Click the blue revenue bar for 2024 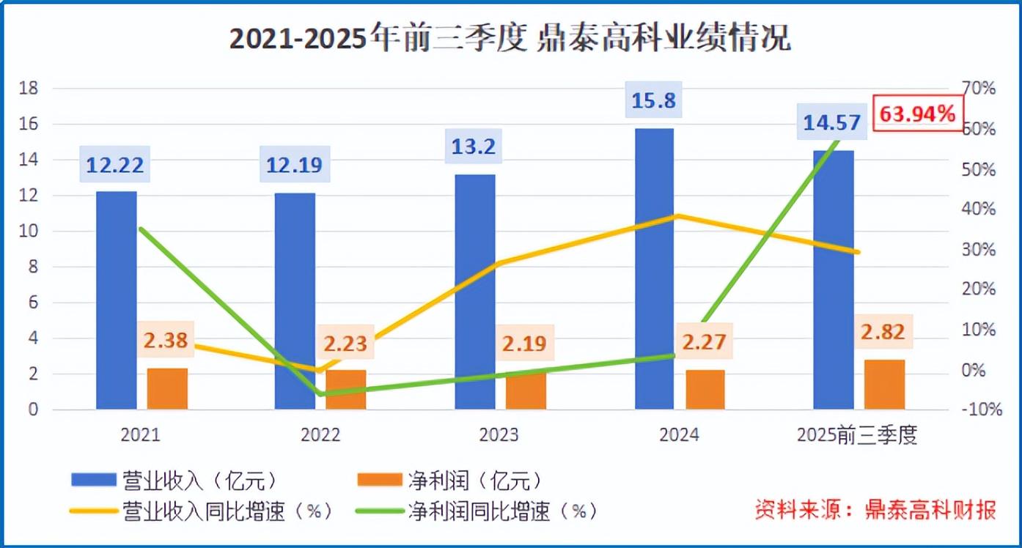pos(654,268)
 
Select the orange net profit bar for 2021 pos(167,388)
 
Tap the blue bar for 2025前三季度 pos(833,279)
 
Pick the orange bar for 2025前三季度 pos(884,384)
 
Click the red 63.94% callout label pos(917,114)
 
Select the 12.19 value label pos(295,165)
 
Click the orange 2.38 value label pos(166,340)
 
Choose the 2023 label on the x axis pos(499,435)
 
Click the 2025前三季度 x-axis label pos(857,435)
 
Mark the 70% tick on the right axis pos(979,89)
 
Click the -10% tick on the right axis pos(982,410)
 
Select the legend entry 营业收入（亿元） pos(176,480)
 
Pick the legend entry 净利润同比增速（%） pos(477,511)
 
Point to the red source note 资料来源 pos(876,509)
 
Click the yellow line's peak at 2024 pos(678,215)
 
